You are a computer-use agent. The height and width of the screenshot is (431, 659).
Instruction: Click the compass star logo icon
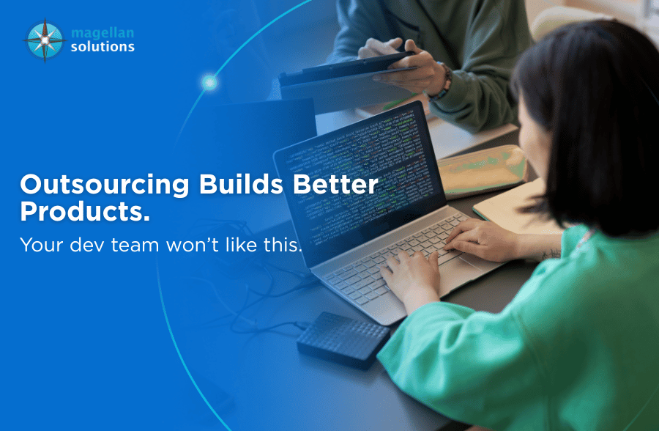(x=45, y=40)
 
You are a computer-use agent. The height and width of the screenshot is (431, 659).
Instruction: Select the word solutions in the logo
(x=103, y=47)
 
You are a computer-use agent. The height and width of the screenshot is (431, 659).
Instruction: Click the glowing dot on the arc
(x=209, y=83)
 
